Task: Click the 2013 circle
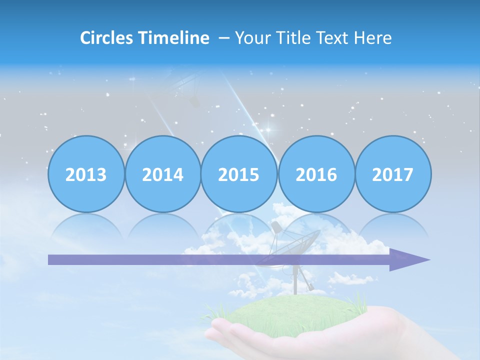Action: click(x=86, y=174)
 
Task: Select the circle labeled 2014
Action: click(x=163, y=174)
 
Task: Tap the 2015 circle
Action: click(x=239, y=174)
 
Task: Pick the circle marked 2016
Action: click(x=316, y=174)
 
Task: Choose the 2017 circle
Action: click(x=393, y=174)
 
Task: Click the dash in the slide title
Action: click(x=224, y=38)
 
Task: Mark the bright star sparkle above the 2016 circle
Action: click(x=268, y=131)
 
